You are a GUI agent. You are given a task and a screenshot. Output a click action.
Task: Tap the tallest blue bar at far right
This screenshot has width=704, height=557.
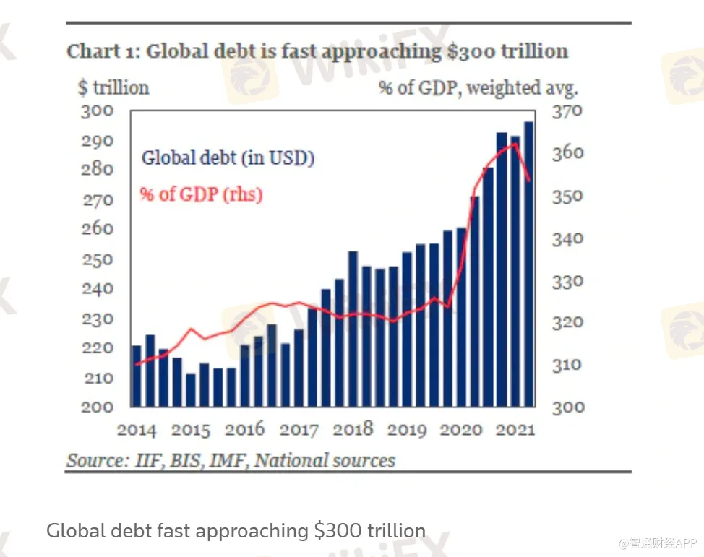(528, 264)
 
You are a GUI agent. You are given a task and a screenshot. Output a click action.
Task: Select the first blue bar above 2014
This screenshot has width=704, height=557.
(136, 376)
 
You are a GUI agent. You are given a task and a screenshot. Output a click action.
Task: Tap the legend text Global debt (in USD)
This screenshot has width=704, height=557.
(228, 158)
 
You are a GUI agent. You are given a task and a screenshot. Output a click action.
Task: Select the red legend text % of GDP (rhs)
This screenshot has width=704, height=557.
(201, 194)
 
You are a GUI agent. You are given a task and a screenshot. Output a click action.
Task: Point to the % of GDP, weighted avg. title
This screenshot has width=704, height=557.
(478, 87)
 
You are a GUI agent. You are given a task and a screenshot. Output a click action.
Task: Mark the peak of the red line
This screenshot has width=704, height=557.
(514, 144)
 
